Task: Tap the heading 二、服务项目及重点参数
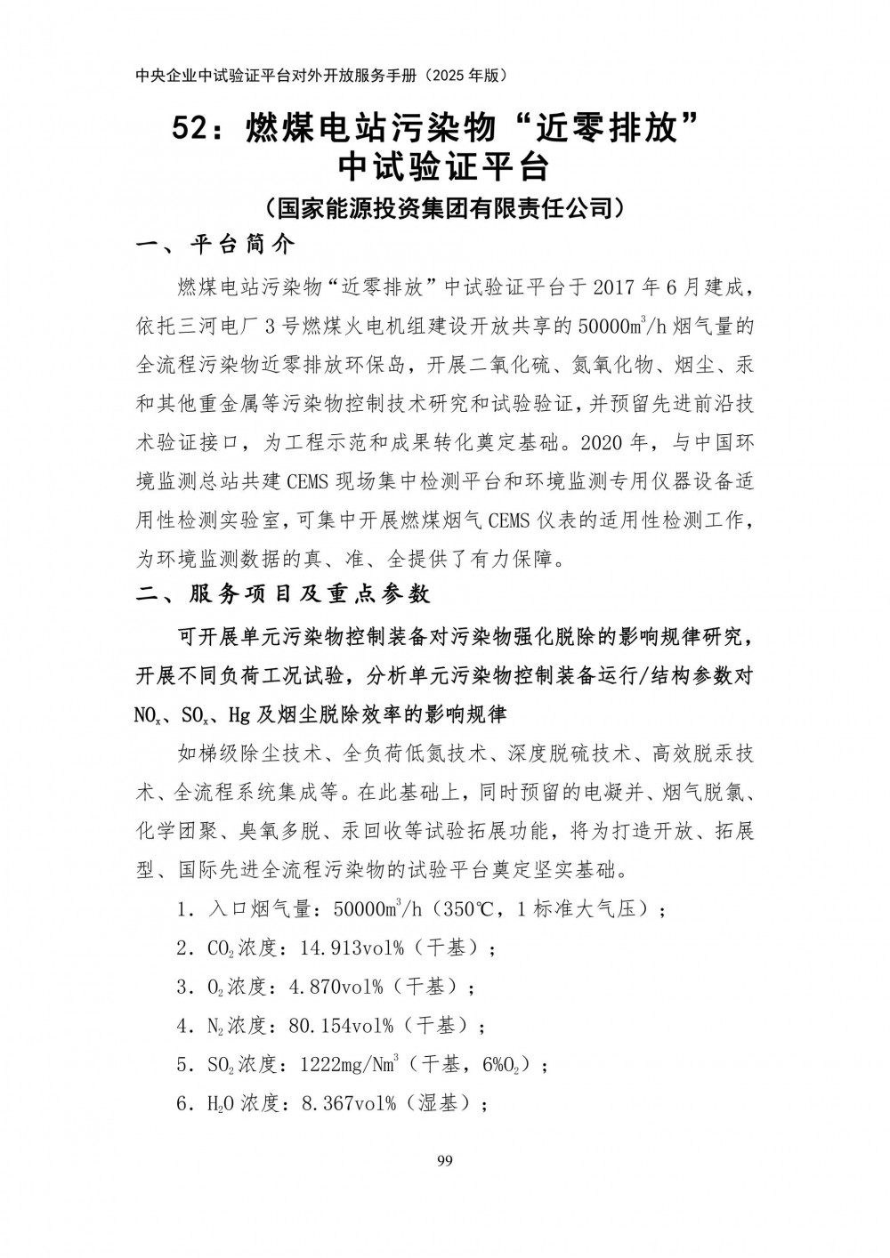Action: [x=282, y=593]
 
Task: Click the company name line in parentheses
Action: [x=445, y=208]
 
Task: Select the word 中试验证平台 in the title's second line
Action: [x=445, y=168]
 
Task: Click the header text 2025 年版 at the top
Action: [x=465, y=77]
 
